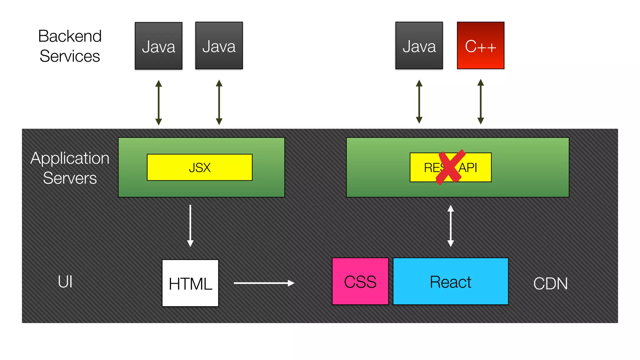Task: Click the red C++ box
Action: point(480,46)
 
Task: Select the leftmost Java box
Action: point(158,46)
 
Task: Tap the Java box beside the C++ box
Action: point(419,46)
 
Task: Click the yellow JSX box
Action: point(199,167)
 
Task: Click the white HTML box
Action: point(190,283)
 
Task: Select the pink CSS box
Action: point(360,281)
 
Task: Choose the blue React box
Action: point(450,281)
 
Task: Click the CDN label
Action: point(550,283)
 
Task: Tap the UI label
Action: point(65,282)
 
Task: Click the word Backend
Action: point(70,36)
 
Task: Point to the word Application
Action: point(70,158)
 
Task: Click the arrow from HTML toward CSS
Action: point(264,283)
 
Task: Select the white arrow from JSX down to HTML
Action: point(190,226)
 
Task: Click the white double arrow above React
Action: point(450,226)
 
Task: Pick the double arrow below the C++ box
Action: point(480,102)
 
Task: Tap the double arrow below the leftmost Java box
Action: point(158,102)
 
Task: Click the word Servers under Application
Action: point(70,178)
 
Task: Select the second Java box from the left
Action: point(219,46)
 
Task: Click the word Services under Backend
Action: point(70,56)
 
